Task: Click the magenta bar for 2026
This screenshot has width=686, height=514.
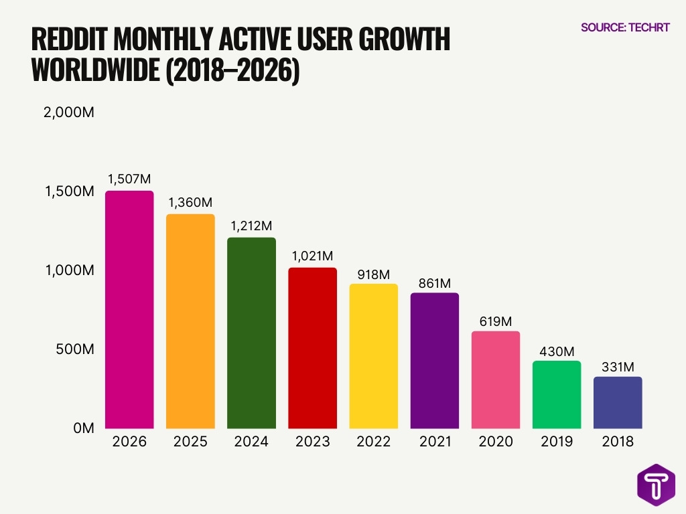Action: [x=129, y=310]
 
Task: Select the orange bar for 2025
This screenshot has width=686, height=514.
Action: [x=190, y=321]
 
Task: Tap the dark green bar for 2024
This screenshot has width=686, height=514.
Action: [x=251, y=333]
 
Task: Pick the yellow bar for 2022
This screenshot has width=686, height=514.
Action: [x=374, y=356]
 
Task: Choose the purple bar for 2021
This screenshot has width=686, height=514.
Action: [x=435, y=361]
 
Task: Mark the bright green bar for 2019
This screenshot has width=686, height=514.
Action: [x=557, y=395]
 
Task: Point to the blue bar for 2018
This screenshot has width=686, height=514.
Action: [x=618, y=403]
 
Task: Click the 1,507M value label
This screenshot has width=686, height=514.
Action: [x=129, y=179]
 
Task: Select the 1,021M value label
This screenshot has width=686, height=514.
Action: [x=312, y=256]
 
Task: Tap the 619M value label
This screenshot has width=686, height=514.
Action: [x=496, y=320]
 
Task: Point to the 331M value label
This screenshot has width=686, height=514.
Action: [x=618, y=366]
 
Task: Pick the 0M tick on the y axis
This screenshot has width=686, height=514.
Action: [x=83, y=428]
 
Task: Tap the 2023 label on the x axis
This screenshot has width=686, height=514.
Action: [x=312, y=442]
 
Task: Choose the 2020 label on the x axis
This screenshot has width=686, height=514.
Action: [x=496, y=442]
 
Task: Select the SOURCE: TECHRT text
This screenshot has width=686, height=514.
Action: [x=625, y=27]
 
